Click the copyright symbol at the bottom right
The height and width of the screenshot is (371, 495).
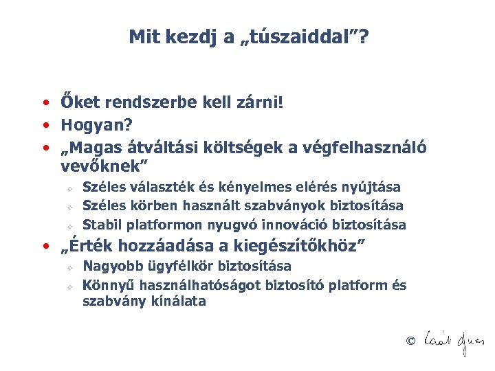(x=410, y=341)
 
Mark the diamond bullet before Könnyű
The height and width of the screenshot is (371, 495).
(x=70, y=286)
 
